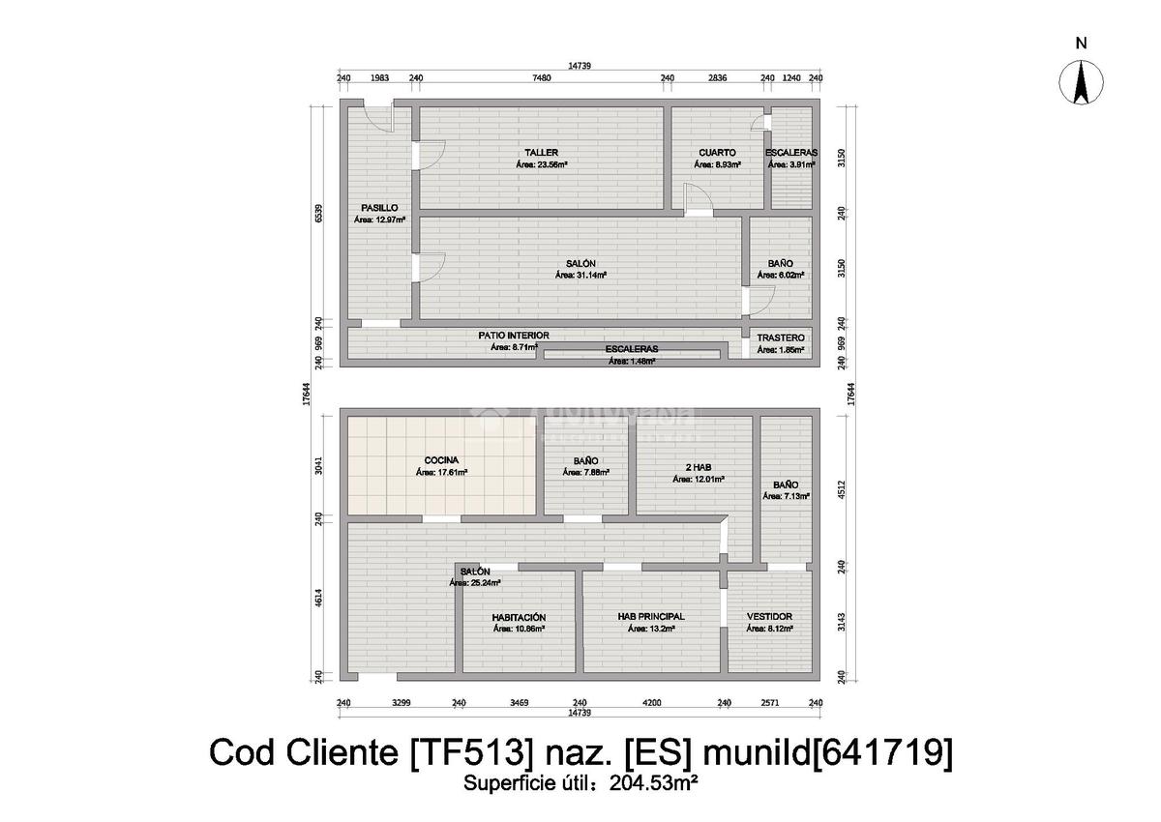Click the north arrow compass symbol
(x=1082, y=81)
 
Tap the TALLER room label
(x=541, y=153)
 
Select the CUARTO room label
(x=717, y=153)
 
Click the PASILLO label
(x=379, y=208)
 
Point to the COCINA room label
(x=441, y=460)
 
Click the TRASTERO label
(x=781, y=338)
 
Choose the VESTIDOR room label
(x=770, y=616)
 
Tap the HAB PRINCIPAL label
(x=651, y=616)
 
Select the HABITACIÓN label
(x=519, y=617)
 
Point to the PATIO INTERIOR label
(x=514, y=336)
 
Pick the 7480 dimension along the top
(x=542, y=78)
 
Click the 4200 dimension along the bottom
(x=652, y=703)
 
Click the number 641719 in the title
(x=879, y=752)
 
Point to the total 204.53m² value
(x=653, y=783)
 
